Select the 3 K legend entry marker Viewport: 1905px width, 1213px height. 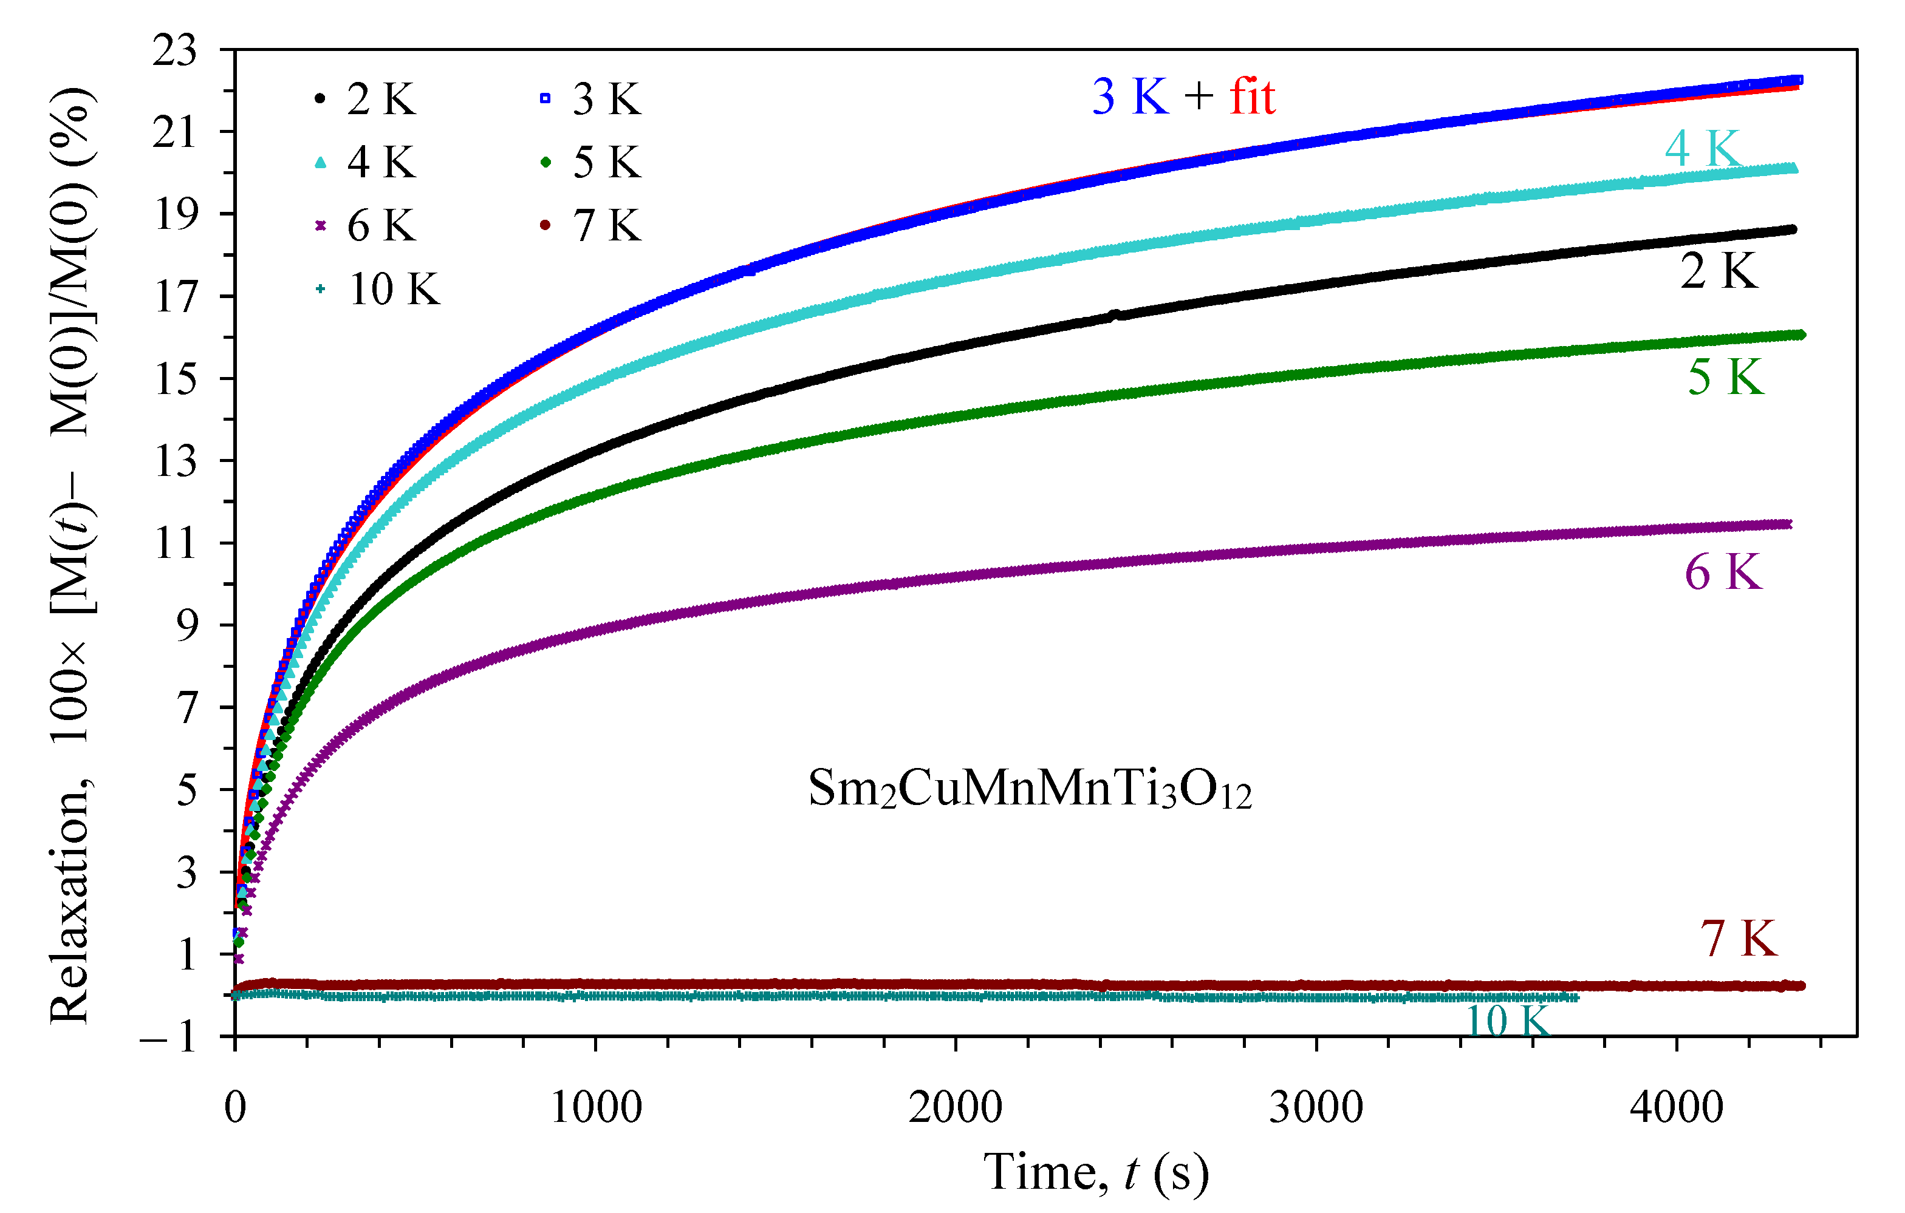point(545,98)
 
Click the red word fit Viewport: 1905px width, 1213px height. point(1253,97)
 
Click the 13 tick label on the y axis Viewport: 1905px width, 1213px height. point(175,461)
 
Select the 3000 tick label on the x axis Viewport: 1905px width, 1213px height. point(1316,1108)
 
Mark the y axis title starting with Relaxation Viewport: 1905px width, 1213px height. point(73,554)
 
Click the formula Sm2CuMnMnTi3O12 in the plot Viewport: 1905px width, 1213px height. point(1029,789)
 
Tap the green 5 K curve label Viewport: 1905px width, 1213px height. point(1725,377)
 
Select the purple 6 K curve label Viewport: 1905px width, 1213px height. point(1723,573)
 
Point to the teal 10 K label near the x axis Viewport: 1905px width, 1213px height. point(1508,1021)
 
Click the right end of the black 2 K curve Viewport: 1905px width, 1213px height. point(1792,229)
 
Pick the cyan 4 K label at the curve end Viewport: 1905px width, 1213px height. point(1703,148)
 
